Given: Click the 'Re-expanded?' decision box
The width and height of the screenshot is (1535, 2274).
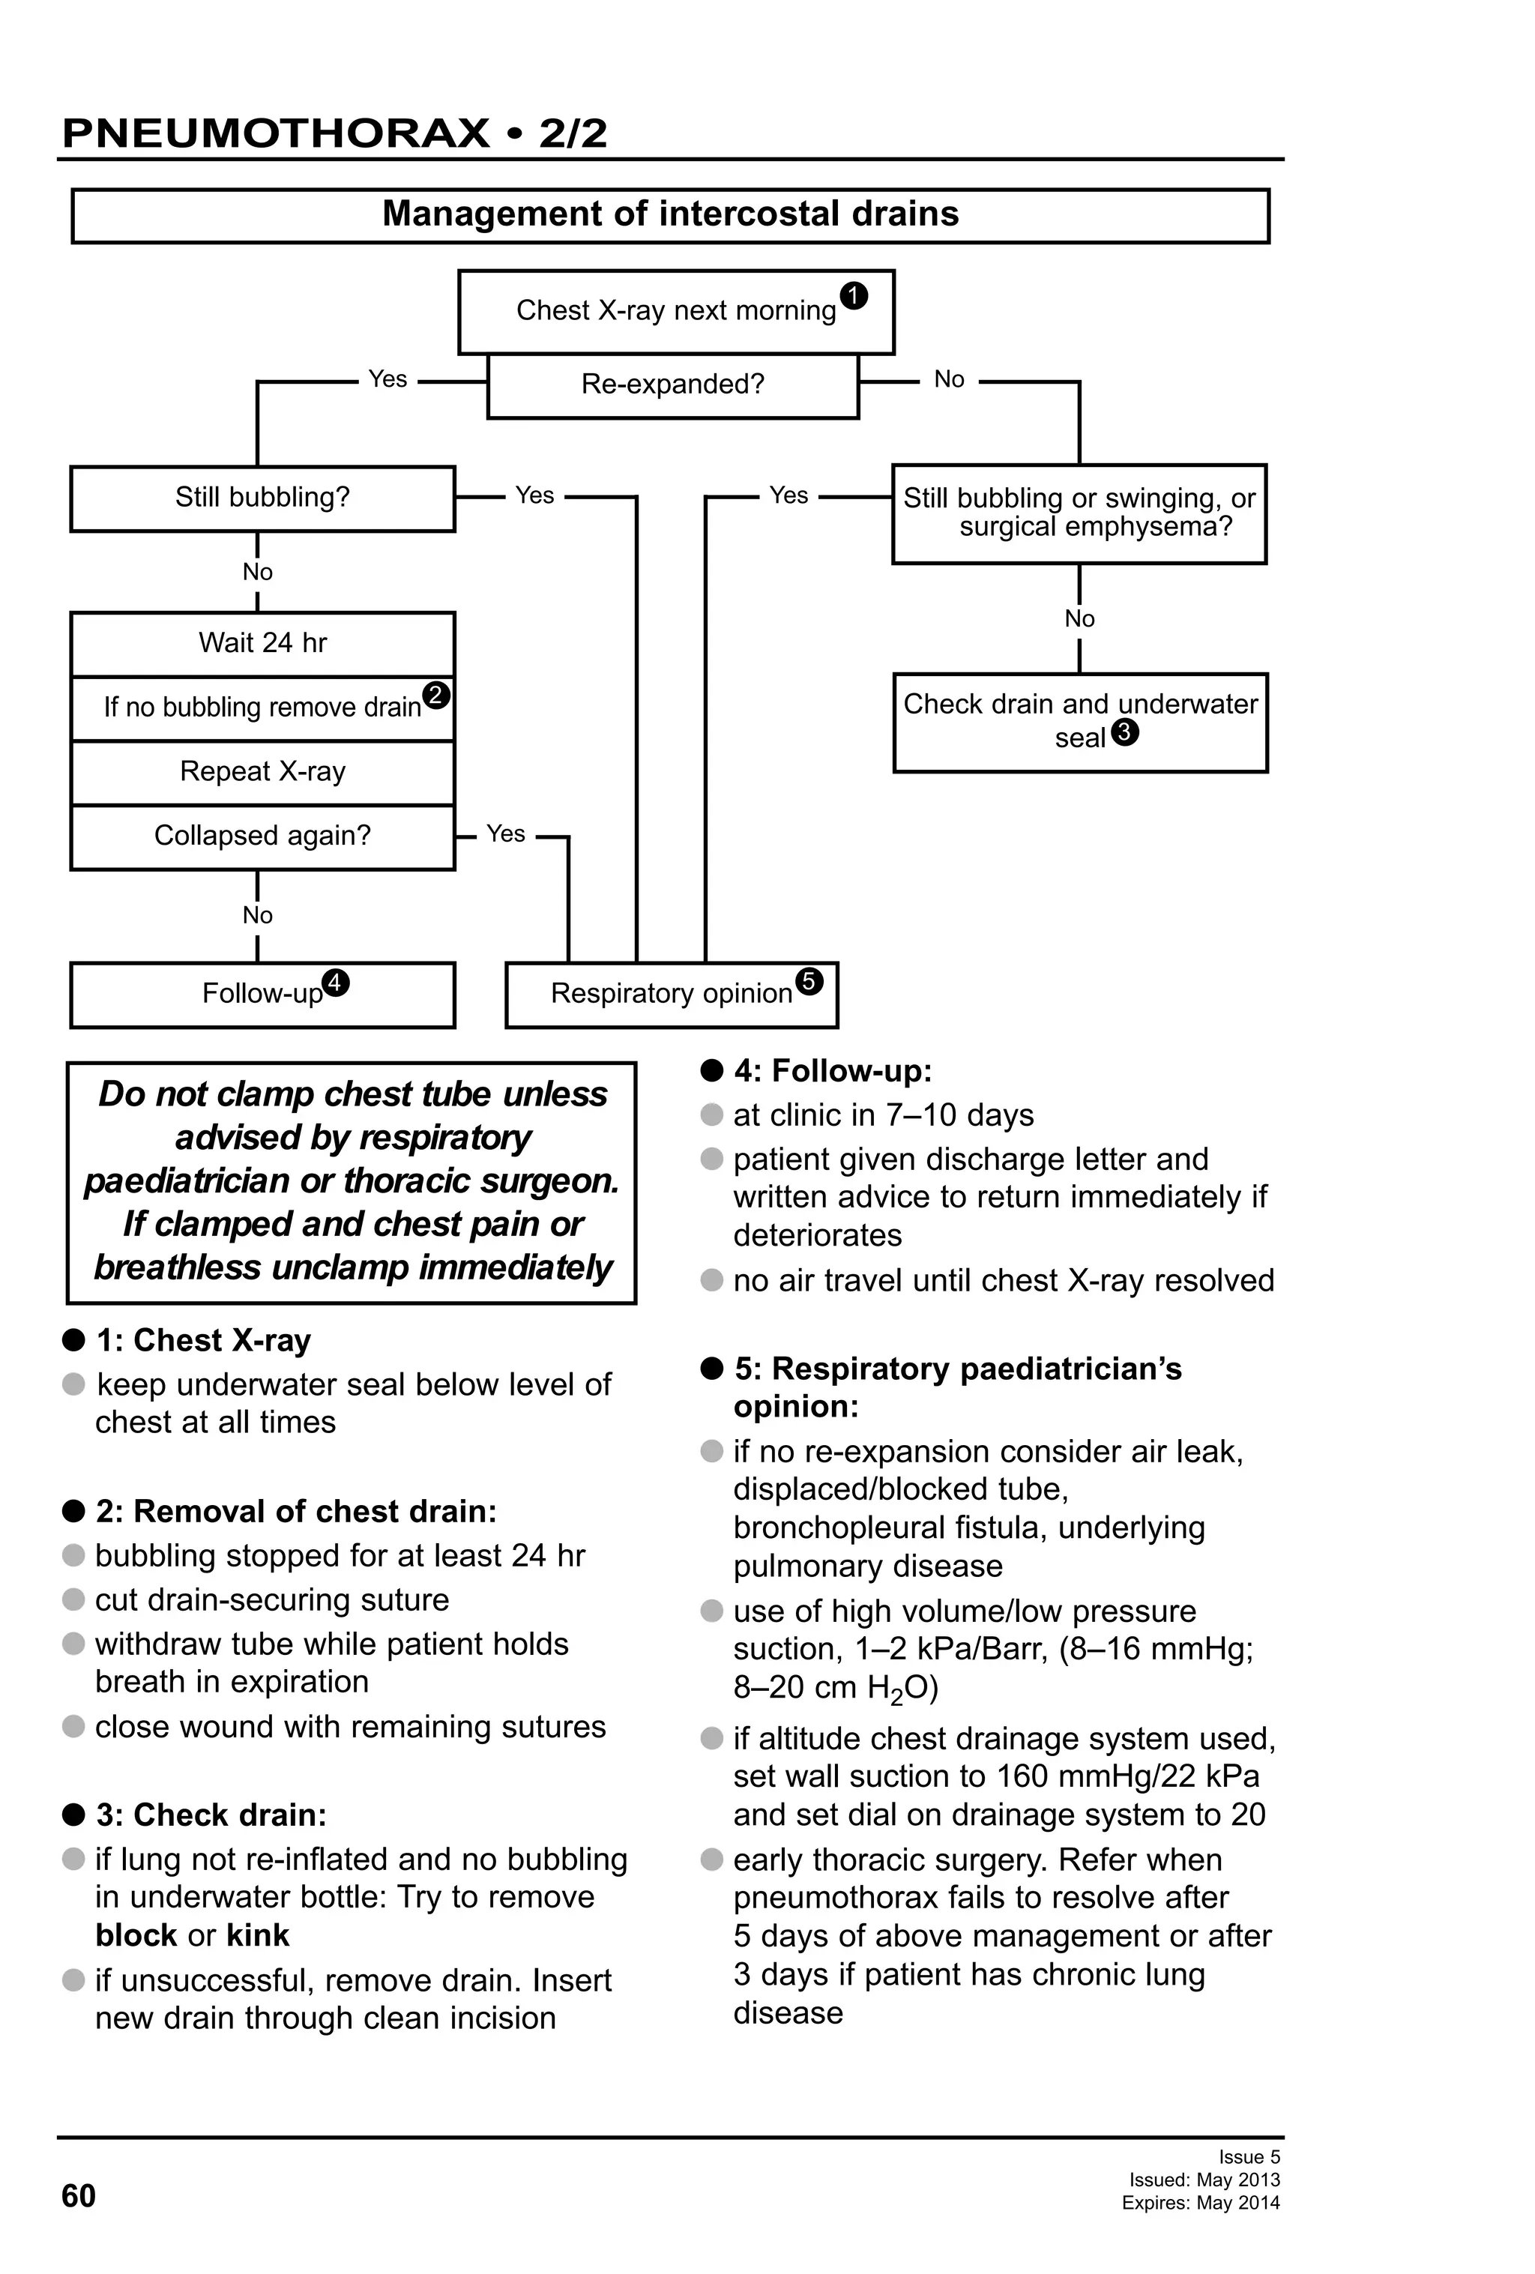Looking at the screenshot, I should click(672, 384).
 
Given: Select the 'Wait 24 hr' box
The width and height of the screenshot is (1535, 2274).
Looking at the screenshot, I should click(262, 643).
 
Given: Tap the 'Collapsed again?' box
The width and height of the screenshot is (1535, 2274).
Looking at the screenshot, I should click(262, 836).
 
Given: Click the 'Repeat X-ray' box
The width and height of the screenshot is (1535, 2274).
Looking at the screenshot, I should click(262, 772).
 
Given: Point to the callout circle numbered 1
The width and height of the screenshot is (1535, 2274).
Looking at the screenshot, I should click(853, 295).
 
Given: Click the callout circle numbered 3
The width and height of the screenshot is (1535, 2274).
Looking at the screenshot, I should click(1125, 732).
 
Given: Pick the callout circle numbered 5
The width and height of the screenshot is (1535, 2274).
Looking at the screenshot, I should click(809, 980).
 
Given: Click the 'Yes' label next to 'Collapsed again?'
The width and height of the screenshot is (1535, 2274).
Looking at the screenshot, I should click(506, 833).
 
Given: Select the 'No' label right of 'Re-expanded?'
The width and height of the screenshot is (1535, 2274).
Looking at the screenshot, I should click(949, 380).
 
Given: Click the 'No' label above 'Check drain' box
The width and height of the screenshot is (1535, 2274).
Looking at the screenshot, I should click(1079, 618).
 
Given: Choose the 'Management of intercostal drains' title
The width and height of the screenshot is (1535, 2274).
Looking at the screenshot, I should click(670, 214).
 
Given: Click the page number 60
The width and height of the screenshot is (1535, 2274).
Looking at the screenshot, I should click(78, 2196).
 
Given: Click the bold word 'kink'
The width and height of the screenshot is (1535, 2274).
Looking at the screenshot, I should click(257, 1935).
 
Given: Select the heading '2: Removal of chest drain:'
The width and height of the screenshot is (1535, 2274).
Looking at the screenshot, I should click(295, 1511).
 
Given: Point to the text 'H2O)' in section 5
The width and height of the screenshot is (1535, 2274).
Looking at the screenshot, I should click(901, 1688).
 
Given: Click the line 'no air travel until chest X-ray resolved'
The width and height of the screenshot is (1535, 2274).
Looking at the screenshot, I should click(1003, 1280).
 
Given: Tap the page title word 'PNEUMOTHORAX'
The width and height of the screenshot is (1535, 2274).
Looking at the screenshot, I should click(276, 133).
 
